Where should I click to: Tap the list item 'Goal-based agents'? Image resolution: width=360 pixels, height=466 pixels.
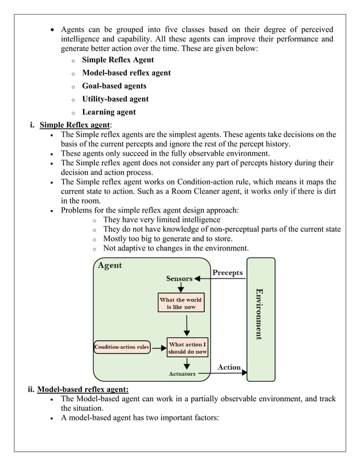(x=114, y=86)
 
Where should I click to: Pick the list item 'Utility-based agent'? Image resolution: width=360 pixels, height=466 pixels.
(x=115, y=99)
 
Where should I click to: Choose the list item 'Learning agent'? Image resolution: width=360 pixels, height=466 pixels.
(x=109, y=112)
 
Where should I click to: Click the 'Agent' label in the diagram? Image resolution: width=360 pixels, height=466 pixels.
(x=110, y=265)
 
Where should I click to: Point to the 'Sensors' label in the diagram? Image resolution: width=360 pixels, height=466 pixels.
(x=179, y=278)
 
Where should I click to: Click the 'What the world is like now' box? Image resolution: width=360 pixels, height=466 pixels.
(x=181, y=303)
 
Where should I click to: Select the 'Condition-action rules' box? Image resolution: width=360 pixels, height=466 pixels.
(x=121, y=347)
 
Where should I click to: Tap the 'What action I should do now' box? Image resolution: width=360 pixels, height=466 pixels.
(x=187, y=348)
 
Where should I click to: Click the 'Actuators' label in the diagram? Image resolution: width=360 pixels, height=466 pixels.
(x=182, y=373)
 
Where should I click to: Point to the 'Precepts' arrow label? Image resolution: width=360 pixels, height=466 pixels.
(x=227, y=273)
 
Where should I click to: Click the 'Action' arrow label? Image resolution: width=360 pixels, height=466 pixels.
(x=229, y=367)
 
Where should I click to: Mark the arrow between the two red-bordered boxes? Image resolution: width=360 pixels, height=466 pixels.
(x=187, y=325)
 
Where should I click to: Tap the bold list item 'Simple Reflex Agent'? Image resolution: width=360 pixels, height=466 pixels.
(x=118, y=60)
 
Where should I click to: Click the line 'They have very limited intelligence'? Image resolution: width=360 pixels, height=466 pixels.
(x=162, y=219)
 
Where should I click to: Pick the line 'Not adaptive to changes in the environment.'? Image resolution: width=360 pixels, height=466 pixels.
(x=175, y=248)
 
